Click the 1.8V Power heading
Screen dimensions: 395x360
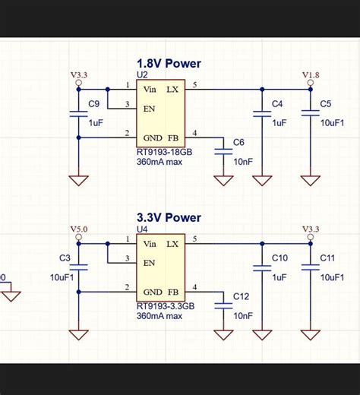click(x=169, y=64)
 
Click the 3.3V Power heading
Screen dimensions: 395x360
click(x=169, y=218)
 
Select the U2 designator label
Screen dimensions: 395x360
click(x=142, y=75)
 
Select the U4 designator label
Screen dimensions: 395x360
click(x=142, y=229)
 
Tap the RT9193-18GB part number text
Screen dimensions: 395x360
click(x=165, y=152)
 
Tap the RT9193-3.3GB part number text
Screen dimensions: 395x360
click(x=166, y=306)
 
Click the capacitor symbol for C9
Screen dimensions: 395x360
click(x=78, y=114)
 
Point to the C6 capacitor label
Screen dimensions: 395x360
click(x=238, y=143)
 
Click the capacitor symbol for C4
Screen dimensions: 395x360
click(x=262, y=114)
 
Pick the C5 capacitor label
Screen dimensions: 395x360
click(x=325, y=104)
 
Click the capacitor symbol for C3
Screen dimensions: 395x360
click(x=78, y=267)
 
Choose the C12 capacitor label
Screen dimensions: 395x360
click(x=241, y=296)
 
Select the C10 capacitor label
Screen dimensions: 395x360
click(x=279, y=258)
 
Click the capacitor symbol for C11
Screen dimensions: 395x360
click(x=310, y=267)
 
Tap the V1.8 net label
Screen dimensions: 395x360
click(x=311, y=76)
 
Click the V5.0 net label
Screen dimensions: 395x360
click(x=79, y=229)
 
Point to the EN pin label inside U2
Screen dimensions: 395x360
click(x=149, y=108)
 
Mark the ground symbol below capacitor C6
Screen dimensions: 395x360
click(x=223, y=181)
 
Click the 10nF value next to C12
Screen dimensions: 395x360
click(x=243, y=315)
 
